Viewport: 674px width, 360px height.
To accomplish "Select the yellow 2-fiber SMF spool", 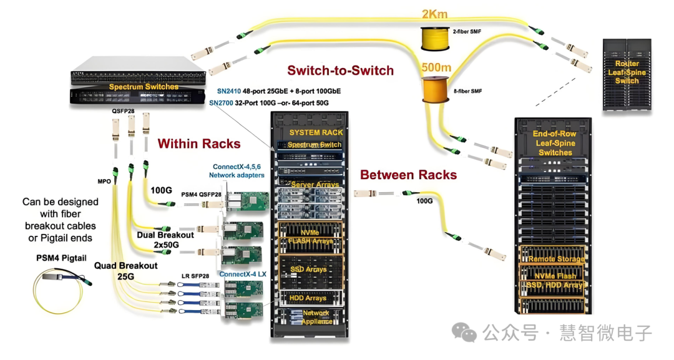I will point(434,39).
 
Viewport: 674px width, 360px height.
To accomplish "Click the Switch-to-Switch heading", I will point(340,71).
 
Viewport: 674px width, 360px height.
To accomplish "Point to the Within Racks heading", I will point(198,144).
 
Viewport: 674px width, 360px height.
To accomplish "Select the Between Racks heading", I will point(408,175).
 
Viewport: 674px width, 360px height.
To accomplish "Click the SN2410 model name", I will point(222,91).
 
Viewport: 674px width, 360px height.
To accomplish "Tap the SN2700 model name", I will point(222,103).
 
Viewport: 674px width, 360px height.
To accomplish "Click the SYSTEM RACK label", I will point(316,132).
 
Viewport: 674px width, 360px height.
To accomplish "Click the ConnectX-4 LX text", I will point(243,274).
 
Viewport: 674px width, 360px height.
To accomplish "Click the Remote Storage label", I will point(557,259).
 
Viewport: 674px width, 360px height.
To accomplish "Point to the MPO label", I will point(105,182).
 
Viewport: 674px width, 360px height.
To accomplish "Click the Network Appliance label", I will point(316,318).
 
